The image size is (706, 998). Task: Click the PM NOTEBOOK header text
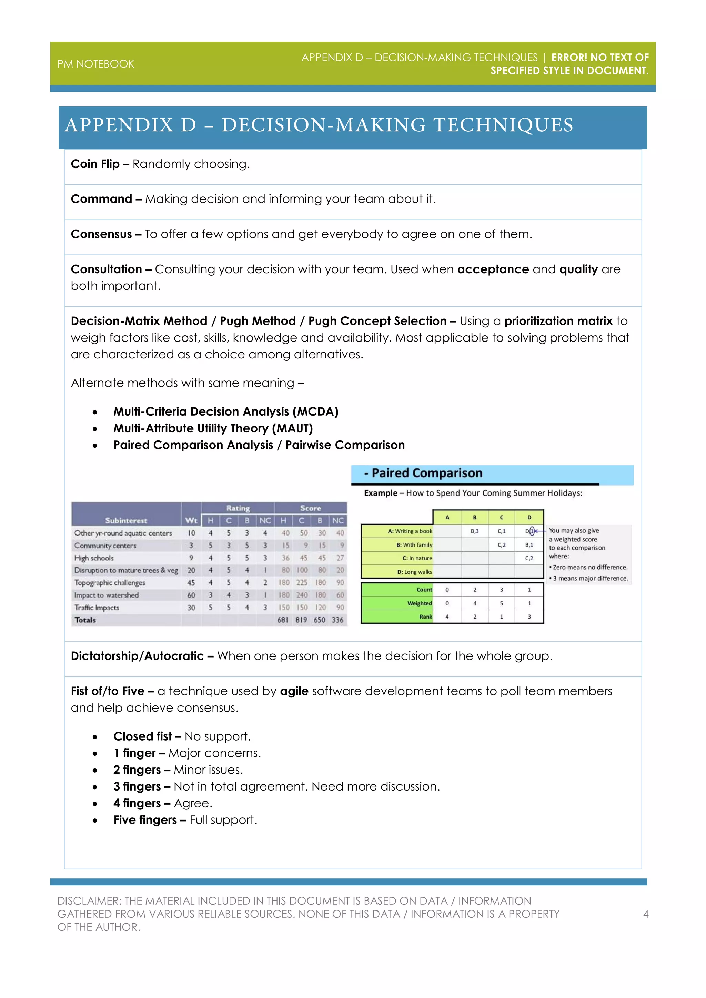pos(95,64)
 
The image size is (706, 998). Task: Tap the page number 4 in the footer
pos(646,914)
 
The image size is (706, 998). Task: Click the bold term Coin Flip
pos(95,164)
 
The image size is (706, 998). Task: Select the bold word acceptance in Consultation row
pos(493,269)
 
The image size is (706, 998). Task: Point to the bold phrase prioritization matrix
pos(558,321)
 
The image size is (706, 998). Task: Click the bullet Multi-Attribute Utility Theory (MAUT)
pos(213,429)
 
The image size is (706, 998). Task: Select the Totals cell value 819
pos(301,620)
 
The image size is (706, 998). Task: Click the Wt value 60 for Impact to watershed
pos(191,595)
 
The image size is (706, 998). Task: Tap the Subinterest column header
pos(126,520)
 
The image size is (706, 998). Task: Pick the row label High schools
pos(94,558)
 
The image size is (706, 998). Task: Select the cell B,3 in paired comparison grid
pos(475,531)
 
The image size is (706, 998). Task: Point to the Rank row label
pos(426,617)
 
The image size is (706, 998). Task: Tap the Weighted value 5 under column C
pos(501,603)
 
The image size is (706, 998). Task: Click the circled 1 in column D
pos(532,531)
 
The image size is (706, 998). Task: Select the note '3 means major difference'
pos(590,579)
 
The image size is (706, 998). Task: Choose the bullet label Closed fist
pos(143,736)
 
